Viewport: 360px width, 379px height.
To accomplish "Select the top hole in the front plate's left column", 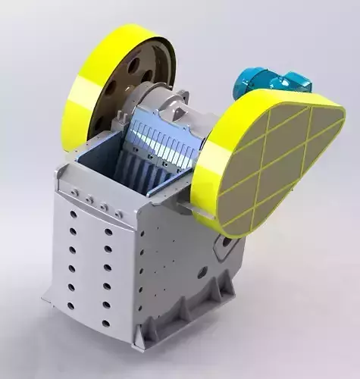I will click(x=74, y=215).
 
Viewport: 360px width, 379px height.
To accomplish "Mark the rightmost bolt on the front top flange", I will click(x=119, y=215).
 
